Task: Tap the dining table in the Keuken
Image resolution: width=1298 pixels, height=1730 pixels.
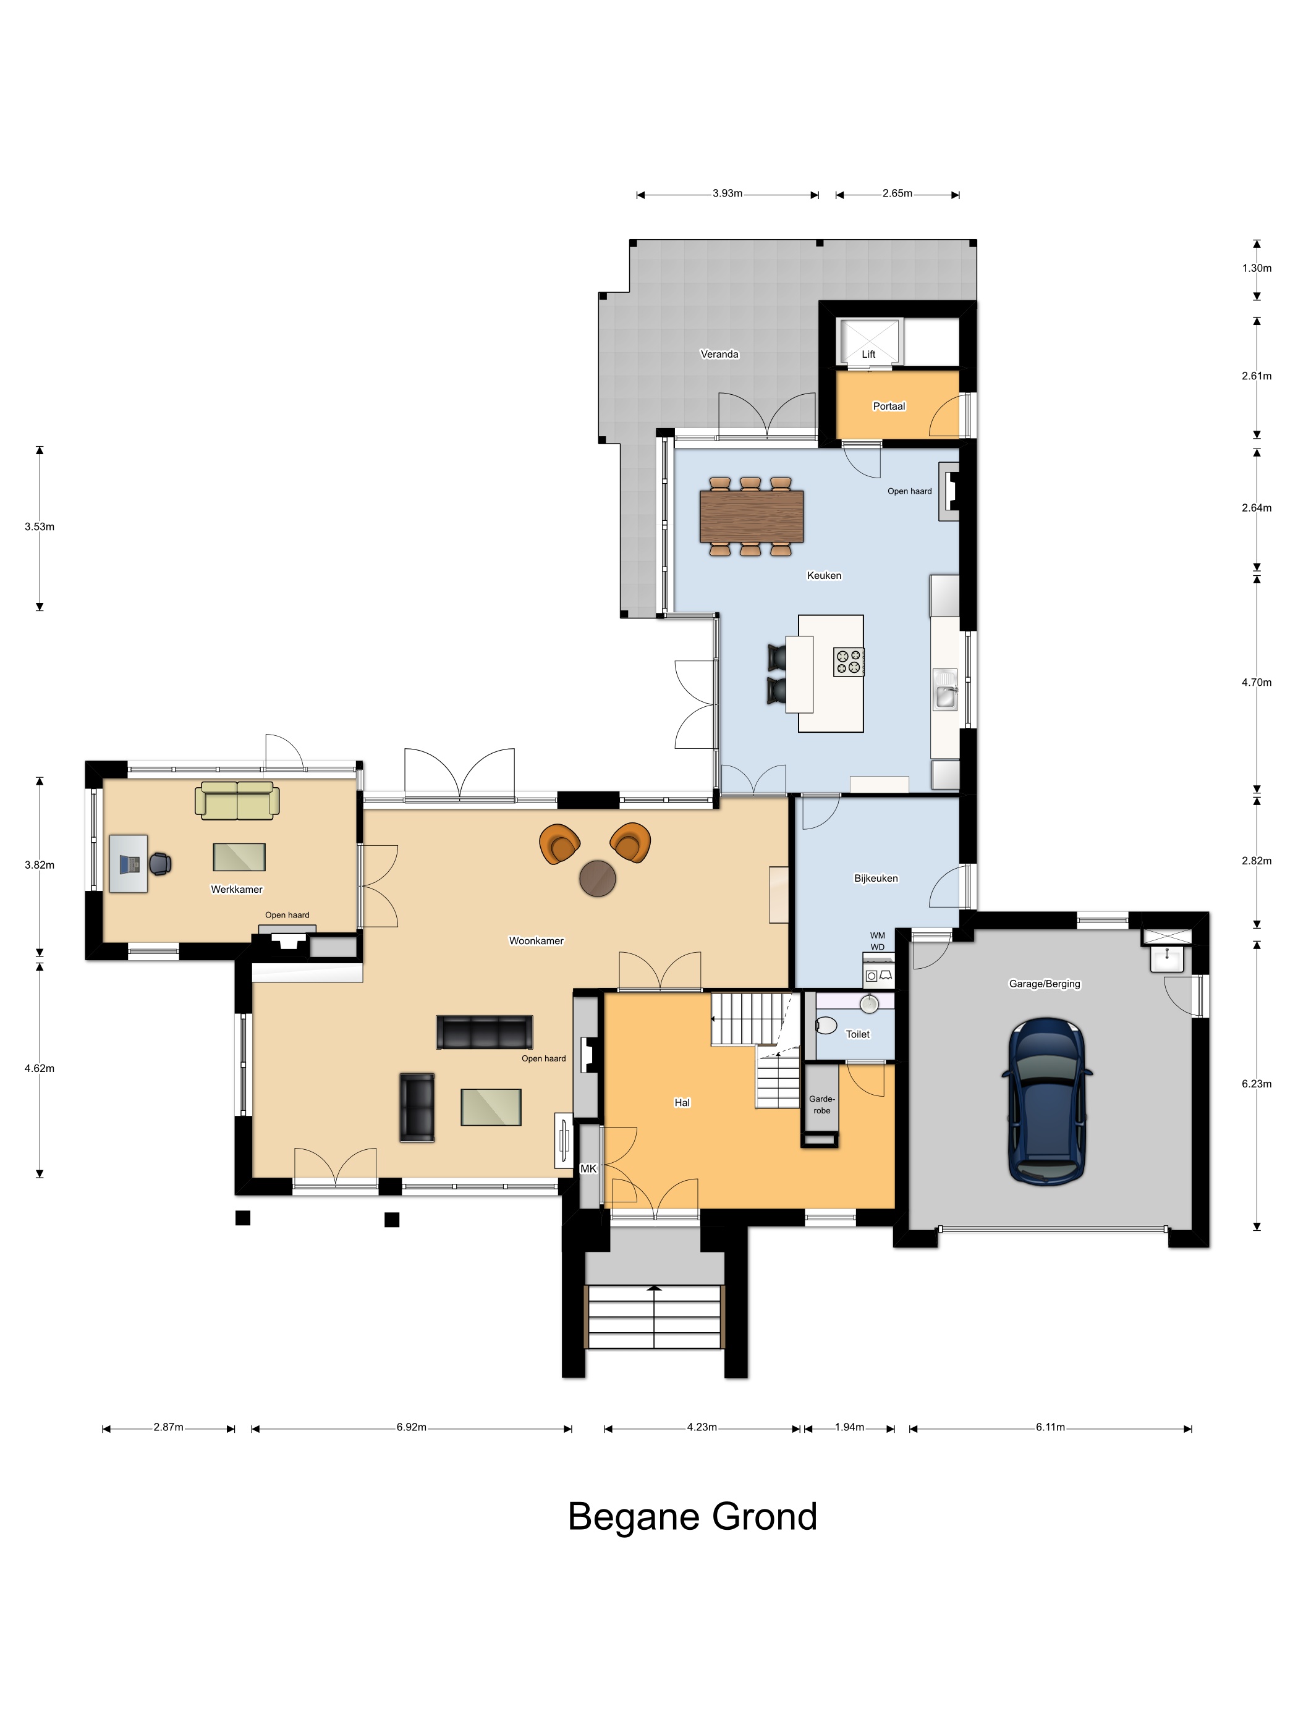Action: pyautogui.click(x=751, y=515)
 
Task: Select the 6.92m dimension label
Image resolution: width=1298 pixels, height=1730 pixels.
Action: pyautogui.click(x=412, y=1427)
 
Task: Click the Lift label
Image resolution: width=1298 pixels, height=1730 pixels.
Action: pyautogui.click(x=868, y=354)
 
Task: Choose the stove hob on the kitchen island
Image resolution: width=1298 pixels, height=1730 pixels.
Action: pyautogui.click(x=848, y=662)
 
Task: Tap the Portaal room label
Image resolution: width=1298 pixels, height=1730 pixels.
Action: pyautogui.click(x=889, y=406)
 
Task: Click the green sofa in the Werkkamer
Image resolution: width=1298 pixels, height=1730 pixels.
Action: pyautogui.click(x=237, y=801)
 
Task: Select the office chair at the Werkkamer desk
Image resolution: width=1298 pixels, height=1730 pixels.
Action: pyautogui.click(x=160, y=863)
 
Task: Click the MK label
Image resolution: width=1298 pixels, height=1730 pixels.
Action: pyautogui.click(x=588, y=1168)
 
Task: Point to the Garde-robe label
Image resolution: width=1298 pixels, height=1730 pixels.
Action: pyautogui.click(x=821, y=1104)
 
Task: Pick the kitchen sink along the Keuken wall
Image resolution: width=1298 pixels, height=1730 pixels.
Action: pyautogui.click(x=945, y=690)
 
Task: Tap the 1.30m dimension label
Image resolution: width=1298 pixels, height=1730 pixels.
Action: pyautogui.click(x=1256, y=268)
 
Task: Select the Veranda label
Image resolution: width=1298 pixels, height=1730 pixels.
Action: pyautogui.click(x=719, y=354)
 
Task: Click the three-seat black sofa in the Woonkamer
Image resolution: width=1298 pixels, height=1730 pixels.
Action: pyautogui.click(x=485, y=1032)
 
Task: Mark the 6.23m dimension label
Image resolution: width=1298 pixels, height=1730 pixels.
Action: pyautogui.click(x=1256, y=1084)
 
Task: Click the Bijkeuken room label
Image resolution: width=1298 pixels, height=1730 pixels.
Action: pyautogui.click(x=875, y=879)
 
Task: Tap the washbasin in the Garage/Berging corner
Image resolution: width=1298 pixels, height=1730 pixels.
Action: pyautogui.click(x=1166, y=958)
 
